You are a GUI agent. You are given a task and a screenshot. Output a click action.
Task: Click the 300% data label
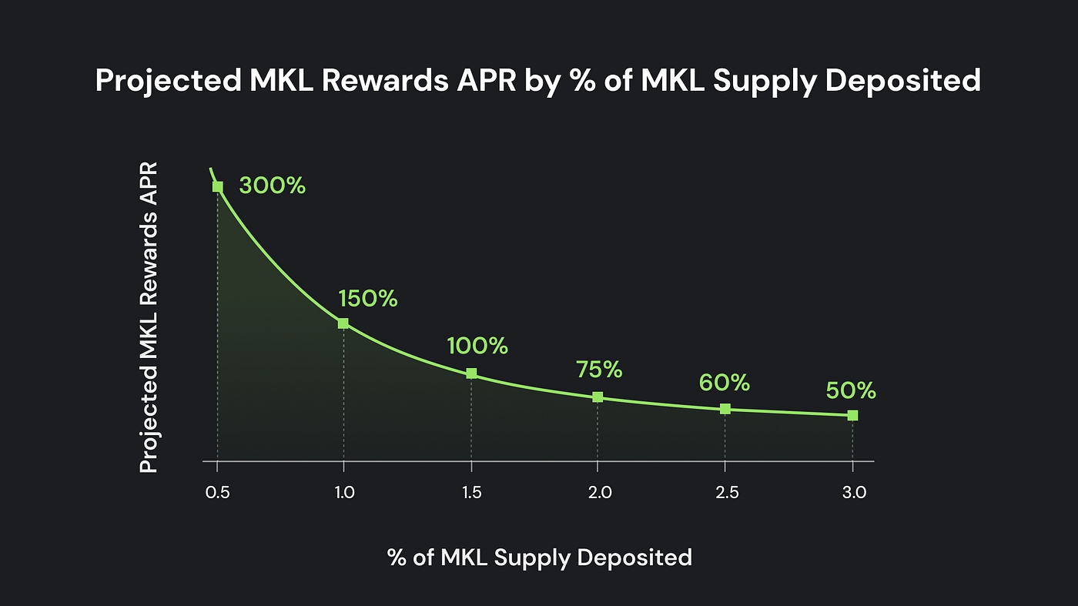point(272,186)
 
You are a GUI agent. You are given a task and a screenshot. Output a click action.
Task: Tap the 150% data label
point(367,299)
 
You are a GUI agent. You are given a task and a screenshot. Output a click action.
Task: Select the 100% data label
point(477,346)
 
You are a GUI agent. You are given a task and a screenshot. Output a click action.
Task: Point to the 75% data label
point(598,370)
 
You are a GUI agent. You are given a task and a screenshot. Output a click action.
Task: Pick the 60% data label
point(724,382)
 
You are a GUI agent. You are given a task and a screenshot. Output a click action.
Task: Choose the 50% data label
point(851,391)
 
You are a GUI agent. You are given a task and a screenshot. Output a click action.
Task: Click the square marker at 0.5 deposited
point(218,186)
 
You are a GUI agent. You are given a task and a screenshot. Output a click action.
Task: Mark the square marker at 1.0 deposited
point(343,323)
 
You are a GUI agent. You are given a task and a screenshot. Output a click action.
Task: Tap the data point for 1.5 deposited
point(471,373)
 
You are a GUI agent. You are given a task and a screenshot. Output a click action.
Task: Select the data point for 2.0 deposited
point(598,397)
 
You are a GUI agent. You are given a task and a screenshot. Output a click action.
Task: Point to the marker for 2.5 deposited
point(725,409)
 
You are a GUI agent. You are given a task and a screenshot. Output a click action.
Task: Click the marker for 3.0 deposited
point(852,416)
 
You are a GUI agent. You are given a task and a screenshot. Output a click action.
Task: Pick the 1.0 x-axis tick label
point(344,493)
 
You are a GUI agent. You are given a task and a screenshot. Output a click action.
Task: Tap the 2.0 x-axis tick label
point(599,493)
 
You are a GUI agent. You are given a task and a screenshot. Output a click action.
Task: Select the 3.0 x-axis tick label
point(853,493)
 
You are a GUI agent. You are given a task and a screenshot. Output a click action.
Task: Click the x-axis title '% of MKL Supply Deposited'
point(539,557)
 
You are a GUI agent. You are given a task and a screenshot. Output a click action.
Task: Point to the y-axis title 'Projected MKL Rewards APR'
point(149,317)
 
